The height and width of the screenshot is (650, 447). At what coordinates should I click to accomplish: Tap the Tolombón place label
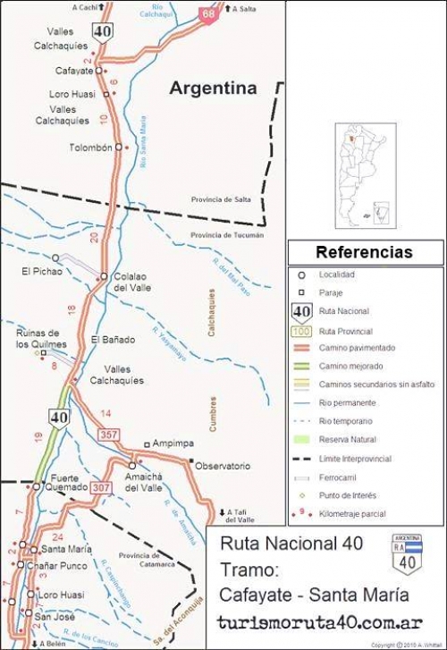pyautogui.click(x=90, y=148)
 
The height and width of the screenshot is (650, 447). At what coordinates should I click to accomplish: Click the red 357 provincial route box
pyautogui.click(x=109, y=434)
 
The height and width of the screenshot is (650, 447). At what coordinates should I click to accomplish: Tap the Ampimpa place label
pyautogui.click(x=173, y=444)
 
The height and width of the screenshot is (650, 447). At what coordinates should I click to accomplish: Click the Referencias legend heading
pyautogui.click(x=364, y=252)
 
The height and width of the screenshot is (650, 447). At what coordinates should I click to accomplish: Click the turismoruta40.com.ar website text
pyautogui.click(x=321, y=622)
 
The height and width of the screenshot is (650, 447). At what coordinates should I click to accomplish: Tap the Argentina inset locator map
pyautogui.click(x=365, y=174)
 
